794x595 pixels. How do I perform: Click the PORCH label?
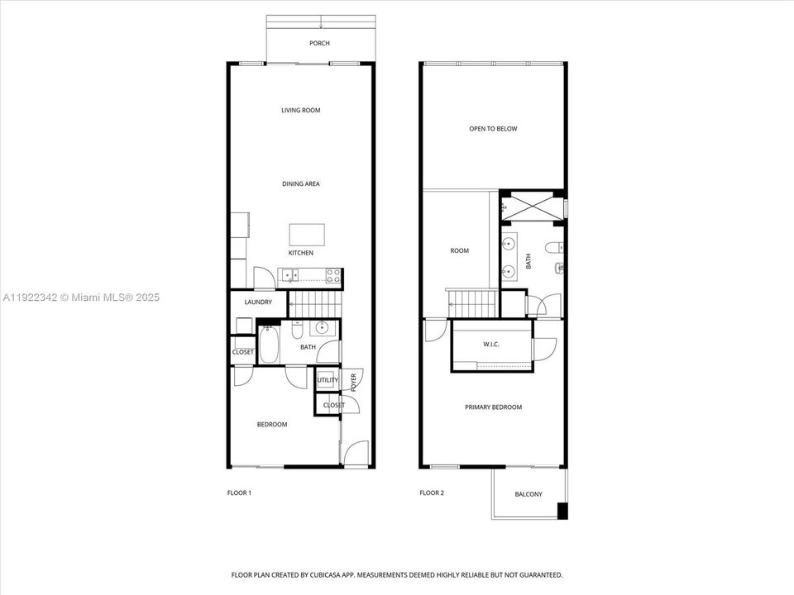(319, 43)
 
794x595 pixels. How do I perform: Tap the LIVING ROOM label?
(300, 110)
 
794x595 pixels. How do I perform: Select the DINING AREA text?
(300, 183)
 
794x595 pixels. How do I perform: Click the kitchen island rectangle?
(306, 232)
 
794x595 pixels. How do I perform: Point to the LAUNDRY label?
(258, 302)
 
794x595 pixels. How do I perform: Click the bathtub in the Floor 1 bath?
(270, 345)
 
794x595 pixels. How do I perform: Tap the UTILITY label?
(328, 380)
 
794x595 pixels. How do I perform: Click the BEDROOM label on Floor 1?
(271, 424)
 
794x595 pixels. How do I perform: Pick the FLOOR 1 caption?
(239, 493)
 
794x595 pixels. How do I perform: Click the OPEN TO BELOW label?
(493, 129)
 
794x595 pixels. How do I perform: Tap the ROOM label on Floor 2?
(459, 250)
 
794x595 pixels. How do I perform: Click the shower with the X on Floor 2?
(532, 206)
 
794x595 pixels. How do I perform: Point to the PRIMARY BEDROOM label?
(493, 407)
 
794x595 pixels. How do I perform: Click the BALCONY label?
(529, 494)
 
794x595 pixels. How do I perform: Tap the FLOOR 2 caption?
(432, 493)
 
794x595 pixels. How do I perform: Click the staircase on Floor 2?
(472, 302)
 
